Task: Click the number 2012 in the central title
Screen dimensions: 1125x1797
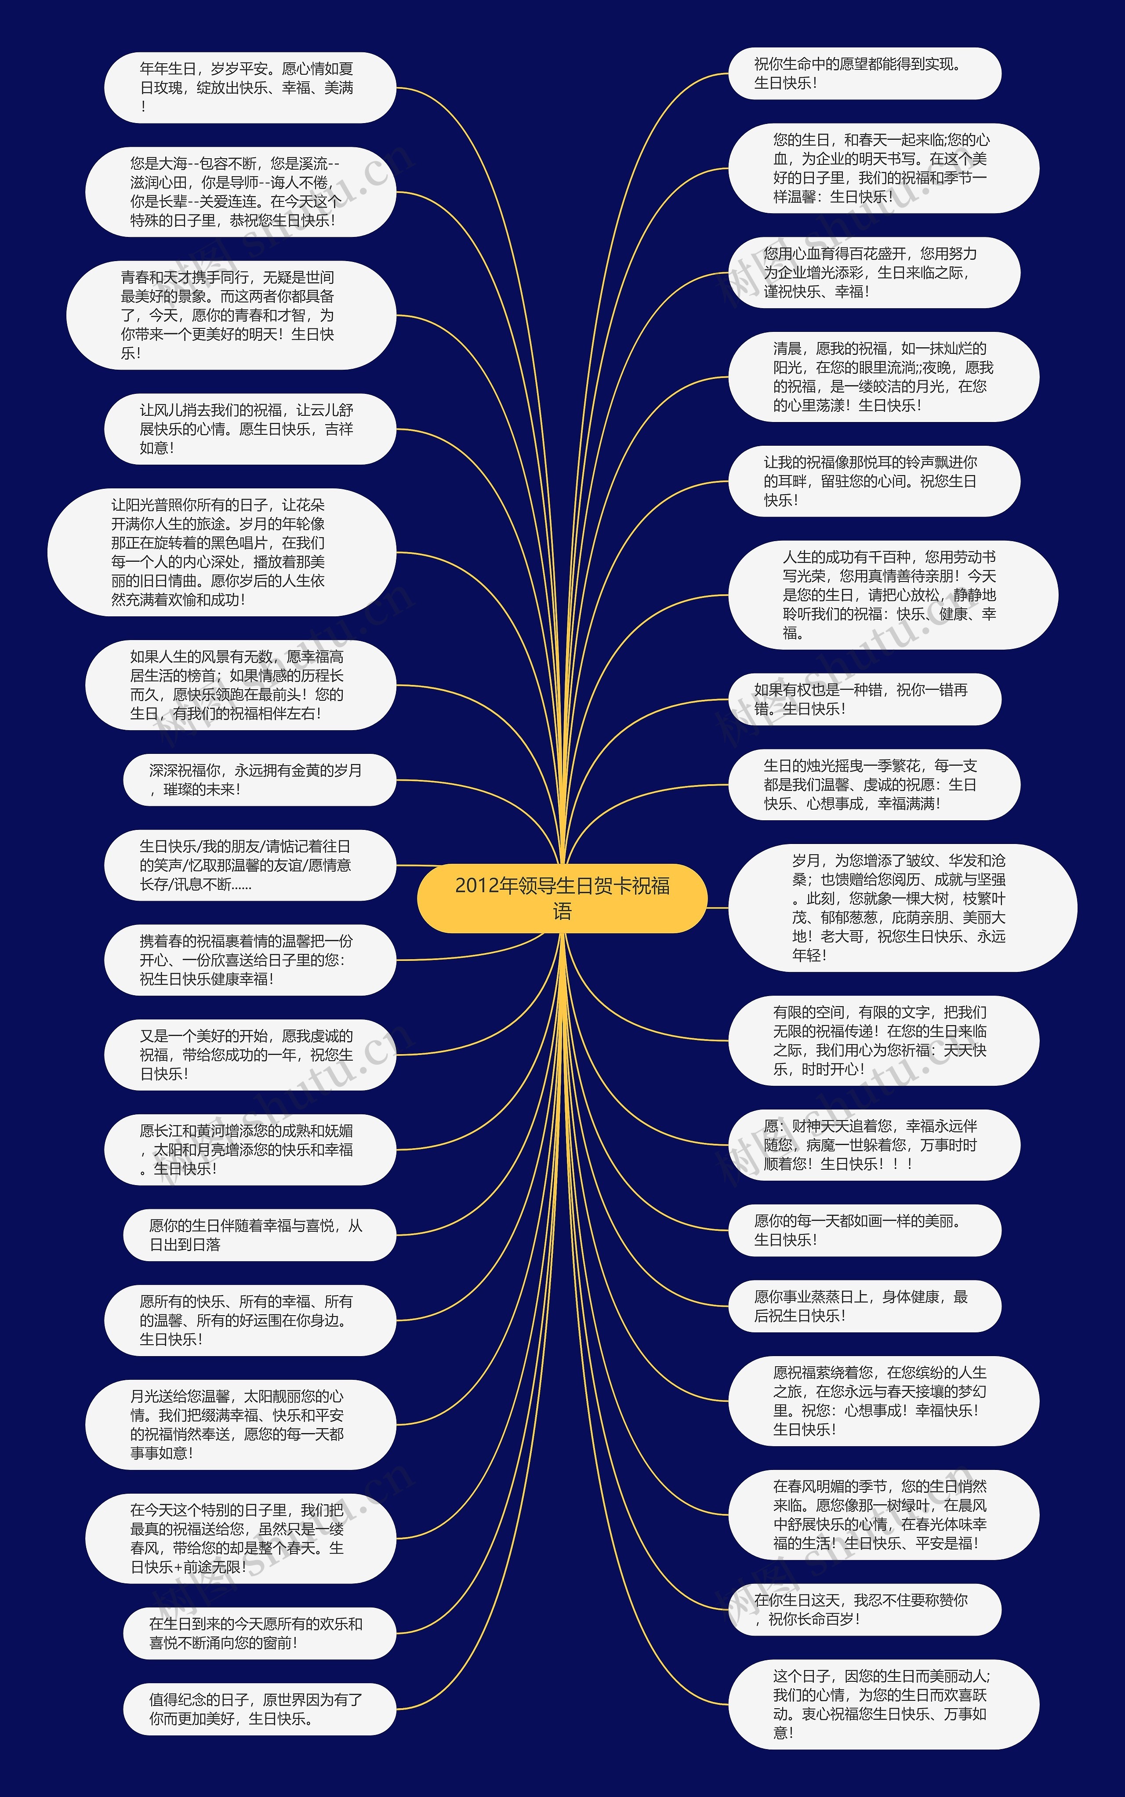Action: (476, 885)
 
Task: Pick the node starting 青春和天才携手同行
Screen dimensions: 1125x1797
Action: (231, 315)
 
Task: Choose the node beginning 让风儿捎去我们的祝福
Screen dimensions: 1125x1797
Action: (249, 429)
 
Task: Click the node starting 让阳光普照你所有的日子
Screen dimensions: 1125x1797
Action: (221, 552)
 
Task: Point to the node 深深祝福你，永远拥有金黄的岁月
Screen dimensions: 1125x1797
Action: (259, 780)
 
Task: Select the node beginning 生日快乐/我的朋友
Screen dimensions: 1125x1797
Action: (249, 866)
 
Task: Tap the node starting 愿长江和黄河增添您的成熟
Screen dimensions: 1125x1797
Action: (249, 1149)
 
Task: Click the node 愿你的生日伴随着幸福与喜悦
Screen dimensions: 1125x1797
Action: (259, 1235)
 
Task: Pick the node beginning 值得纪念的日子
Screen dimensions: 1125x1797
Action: (259, 1709)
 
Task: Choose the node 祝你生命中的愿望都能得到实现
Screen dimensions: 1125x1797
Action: (864, 74)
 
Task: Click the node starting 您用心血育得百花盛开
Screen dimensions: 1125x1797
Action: (874, 273)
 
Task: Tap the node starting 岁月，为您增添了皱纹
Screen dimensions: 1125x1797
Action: (902, 908)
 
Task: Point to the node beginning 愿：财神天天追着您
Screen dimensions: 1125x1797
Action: (874, 1145)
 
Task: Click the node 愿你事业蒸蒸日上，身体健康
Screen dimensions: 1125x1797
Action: (864, 1306)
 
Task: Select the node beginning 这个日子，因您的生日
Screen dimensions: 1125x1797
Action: (883, 1704)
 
